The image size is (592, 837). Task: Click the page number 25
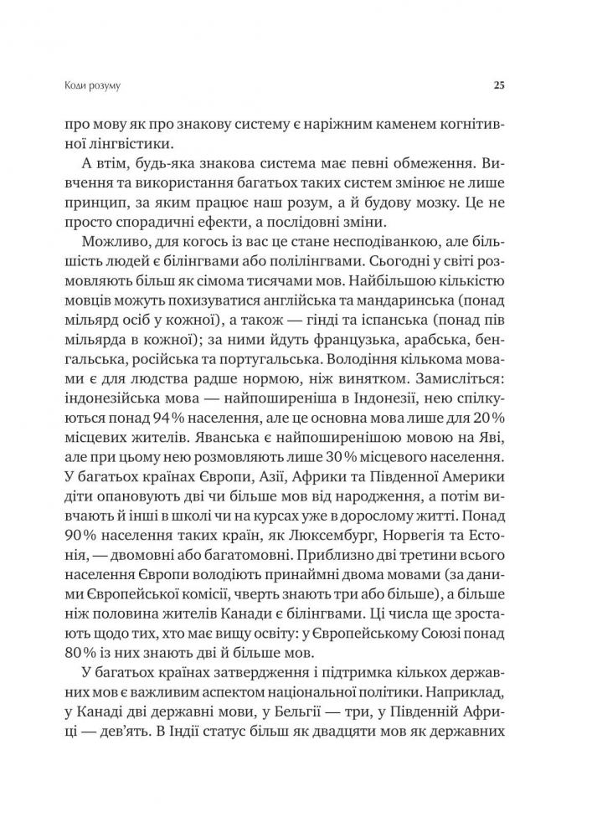click(x=498, y=85)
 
